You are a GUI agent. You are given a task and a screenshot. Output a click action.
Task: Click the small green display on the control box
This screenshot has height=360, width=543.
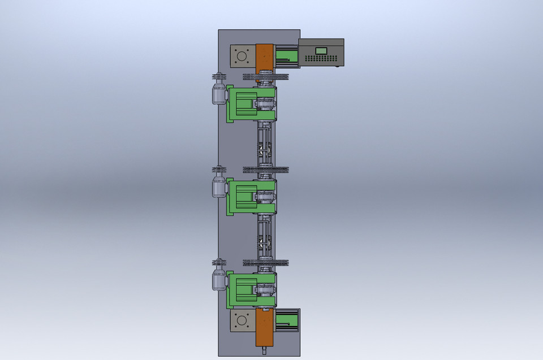coord(322,51)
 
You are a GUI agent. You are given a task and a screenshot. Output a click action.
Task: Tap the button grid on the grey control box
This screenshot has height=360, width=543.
coord(321,59)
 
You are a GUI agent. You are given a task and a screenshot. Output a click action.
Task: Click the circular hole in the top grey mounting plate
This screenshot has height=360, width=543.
coord(242,57)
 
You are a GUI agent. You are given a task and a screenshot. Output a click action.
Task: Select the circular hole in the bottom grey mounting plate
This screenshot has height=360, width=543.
coord(242,320)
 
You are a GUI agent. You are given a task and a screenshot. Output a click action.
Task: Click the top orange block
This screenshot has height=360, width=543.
coord(265,57)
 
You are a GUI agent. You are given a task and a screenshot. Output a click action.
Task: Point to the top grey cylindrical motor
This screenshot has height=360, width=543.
coord(219,93)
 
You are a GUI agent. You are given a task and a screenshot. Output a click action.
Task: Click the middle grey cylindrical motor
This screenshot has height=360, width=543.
coord(219,186)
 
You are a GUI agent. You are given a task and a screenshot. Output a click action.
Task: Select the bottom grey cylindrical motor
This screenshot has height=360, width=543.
coord(219,280)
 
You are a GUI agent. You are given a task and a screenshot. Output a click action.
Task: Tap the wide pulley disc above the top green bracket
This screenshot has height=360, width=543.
coord(265,76)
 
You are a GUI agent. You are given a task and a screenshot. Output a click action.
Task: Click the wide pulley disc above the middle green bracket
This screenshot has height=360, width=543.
coord(265,170)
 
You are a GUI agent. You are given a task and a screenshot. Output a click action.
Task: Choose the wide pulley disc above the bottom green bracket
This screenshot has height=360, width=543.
coord(265,262)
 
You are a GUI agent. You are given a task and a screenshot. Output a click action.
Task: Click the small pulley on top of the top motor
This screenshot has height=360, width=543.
coord(218,76)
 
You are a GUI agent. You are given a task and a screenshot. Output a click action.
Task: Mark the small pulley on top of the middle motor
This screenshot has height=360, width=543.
coord(218,170)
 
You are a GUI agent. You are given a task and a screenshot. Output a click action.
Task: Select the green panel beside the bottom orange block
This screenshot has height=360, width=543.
coord(286,321)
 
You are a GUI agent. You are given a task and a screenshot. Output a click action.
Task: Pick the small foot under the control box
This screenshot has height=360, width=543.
coord(337,67)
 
